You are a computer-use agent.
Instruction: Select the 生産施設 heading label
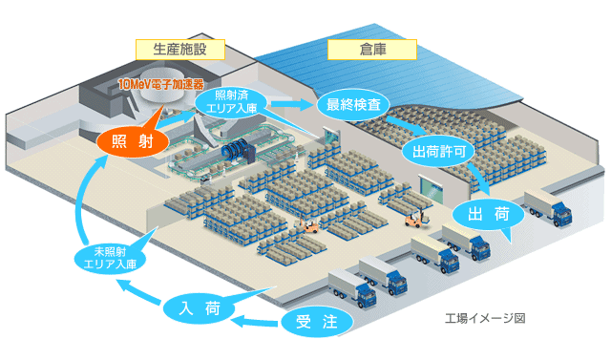(x=179, y=49)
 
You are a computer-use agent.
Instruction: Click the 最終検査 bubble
(x=352, y=103)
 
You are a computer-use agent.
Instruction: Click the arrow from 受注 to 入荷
(x=258, y=319)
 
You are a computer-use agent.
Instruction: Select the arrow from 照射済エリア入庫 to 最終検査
(x=292, y=102)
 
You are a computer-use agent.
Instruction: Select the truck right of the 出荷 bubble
(x=547, y=208)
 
